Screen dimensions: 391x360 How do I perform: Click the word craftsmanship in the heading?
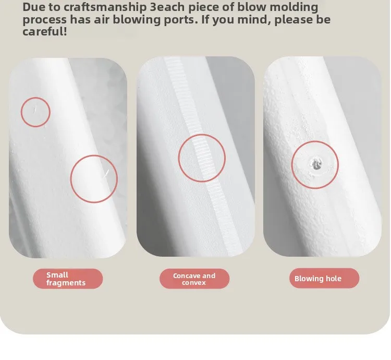point(105,7)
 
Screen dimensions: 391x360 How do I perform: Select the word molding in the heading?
point(294,7)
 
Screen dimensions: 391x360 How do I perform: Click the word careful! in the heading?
point(45,32)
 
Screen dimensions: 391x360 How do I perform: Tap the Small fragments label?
point(68,279)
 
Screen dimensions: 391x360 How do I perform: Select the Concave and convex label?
point(194,279)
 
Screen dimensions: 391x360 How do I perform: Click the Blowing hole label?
point(324,278)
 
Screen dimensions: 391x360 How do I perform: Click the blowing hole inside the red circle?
point(316,164)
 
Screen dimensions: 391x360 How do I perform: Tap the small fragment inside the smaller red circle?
point(34,109)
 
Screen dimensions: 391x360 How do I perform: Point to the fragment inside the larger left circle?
point(106,174)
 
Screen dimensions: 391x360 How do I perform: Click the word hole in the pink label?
point(333,279)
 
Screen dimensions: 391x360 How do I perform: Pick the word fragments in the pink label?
point(66,283)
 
